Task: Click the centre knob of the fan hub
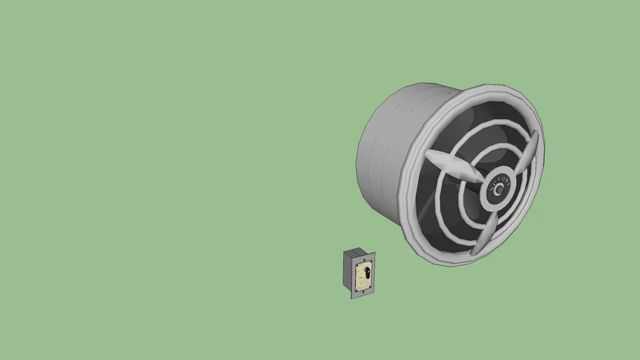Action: (499, 189)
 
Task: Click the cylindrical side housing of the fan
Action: (383, 155)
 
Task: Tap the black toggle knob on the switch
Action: (367, 273)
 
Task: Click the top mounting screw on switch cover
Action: (364, 260)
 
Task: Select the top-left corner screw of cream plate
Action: (357, 266)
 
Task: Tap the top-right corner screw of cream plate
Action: (371, 262)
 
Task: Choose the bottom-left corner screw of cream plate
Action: (356, 290)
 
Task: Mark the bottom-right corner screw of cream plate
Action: (370, 286)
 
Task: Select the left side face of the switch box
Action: (347, 271)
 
